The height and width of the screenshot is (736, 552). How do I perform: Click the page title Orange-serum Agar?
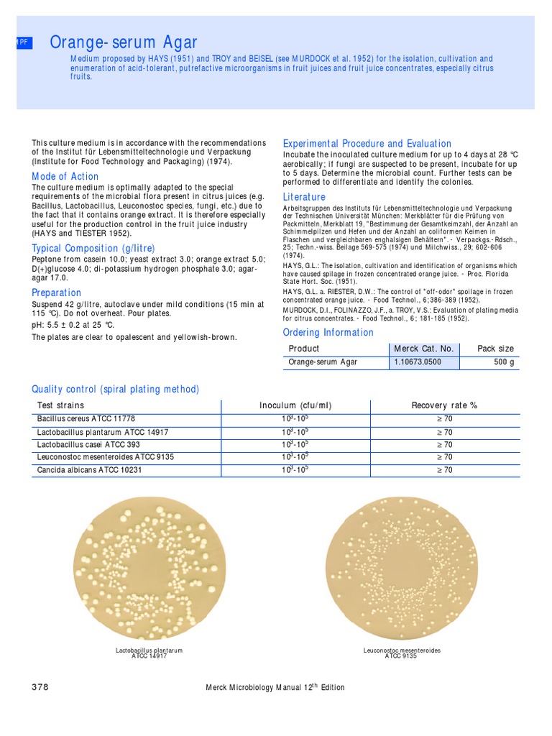(124, 43)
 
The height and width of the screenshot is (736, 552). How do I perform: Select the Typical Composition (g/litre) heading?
(93, 248)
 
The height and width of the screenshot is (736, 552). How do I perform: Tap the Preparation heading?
(56, 293)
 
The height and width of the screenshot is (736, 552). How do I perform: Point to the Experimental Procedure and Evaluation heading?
(367, 144)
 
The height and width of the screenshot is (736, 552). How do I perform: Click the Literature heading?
(304, 197)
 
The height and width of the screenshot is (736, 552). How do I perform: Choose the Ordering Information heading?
(328, 332)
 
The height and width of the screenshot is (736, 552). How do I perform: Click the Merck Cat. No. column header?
(423, 349)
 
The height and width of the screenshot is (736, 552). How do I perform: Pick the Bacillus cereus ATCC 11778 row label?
(86, 418)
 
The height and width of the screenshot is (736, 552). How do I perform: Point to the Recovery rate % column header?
(444, 405)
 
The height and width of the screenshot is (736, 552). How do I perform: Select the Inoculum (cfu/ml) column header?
(295, 405)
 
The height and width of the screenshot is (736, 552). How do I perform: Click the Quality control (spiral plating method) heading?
(115, 389)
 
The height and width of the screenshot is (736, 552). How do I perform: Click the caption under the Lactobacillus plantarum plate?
(149, 653)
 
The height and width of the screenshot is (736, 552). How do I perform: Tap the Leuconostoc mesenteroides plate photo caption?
(402, 653)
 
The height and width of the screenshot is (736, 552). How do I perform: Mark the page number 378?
(40, 687)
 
